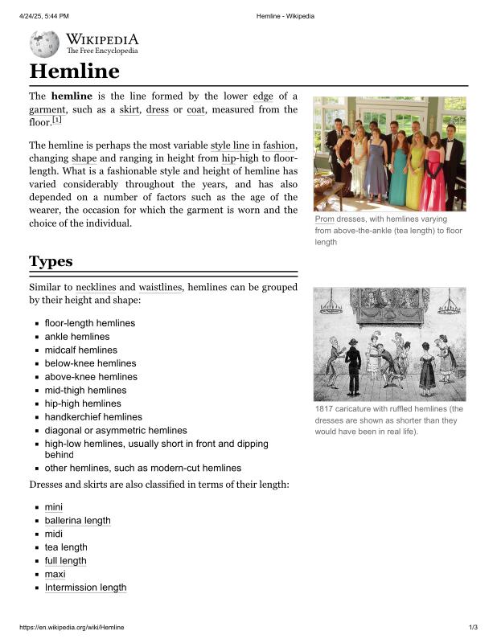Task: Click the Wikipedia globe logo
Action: coord(44,43)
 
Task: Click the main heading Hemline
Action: coord(74,71)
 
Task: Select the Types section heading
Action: coord(51,261)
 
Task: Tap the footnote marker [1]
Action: coord(57,121)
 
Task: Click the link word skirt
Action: coord(129,109)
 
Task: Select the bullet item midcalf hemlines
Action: coord(80,350)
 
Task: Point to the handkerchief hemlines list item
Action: coord(93,416)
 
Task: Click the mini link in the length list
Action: coord(54,506)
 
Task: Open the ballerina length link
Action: coord(77,520)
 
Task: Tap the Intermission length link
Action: coord(85,587)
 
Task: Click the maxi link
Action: coord(55,574)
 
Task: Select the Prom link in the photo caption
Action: coord(324,219)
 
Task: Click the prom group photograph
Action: coord(389,154)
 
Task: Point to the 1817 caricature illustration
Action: coord(389,344)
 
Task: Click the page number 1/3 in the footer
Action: coord(473,627)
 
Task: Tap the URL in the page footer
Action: coord(72,627)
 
